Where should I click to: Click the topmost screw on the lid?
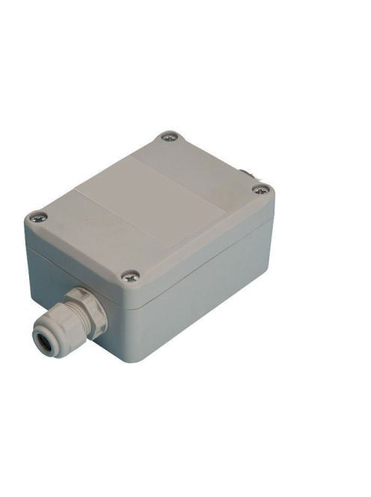point(168,137)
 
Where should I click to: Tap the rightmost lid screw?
point(260,189)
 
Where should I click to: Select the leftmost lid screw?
point(37,218)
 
